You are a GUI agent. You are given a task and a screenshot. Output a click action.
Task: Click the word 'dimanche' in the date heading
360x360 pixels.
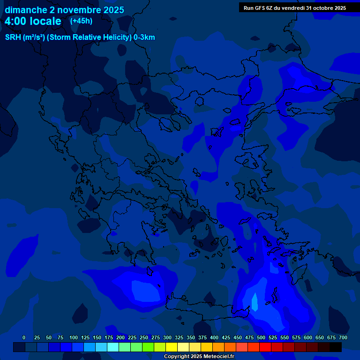click(25, 10)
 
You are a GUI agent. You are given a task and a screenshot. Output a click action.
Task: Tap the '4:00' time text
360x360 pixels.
click(17, 21)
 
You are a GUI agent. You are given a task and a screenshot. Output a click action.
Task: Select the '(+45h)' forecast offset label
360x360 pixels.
click(81, 21)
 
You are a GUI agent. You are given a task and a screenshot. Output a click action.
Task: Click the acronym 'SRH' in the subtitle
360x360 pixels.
click(13, 37)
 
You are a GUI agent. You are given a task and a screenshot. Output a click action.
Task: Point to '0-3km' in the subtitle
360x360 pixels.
click(144, 37)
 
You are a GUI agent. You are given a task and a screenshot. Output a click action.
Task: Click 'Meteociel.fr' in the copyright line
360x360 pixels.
click(219, 357)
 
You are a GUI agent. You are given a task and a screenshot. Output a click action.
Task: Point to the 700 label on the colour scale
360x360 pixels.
click(343, 337)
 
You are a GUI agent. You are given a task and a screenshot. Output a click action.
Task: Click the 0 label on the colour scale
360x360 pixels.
click(24, 337)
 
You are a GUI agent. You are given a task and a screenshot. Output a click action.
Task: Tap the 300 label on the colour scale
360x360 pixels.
click(167, 337)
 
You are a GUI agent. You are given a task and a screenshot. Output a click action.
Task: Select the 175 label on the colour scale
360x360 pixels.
click(109, 337)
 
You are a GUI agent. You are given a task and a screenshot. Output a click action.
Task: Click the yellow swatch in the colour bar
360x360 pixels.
click(172, 347)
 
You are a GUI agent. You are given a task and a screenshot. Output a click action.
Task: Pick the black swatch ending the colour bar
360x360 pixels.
click(336, 347)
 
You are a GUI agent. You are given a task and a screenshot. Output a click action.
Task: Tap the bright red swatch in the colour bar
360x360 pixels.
click(265, 347)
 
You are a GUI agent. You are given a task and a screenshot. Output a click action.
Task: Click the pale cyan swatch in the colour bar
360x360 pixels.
click(113, 347)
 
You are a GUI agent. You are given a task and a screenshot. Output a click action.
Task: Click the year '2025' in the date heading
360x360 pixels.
click(113, 10)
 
